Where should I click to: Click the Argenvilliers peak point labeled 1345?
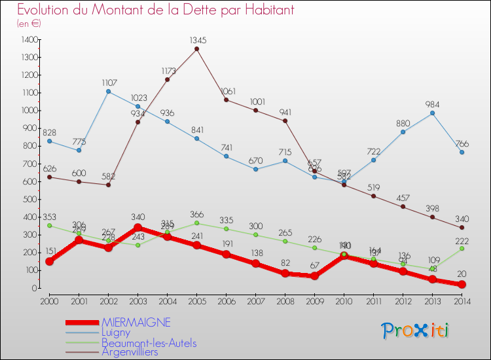(x=196, y=48)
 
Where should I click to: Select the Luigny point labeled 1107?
(x=108, y=91)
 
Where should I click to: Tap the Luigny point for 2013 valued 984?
(x=432, y=113)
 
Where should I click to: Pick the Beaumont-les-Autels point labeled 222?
(x=462, y=248)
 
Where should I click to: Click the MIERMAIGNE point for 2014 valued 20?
(x=462, y=284)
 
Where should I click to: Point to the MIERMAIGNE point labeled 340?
(x=137, y=227)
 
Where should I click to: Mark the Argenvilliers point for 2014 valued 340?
(x=462, y=227)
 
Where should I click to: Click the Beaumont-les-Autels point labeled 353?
(x=49, y=225)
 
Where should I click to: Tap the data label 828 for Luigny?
(x=49, y=132)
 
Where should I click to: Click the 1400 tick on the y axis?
(x=29, y=40)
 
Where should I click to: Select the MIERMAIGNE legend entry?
(x=136, y=322)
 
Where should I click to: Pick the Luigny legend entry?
(x=116, y=332)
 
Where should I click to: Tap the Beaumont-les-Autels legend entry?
(x=149, y=342)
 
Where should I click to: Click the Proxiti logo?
(x=415, y=331)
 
